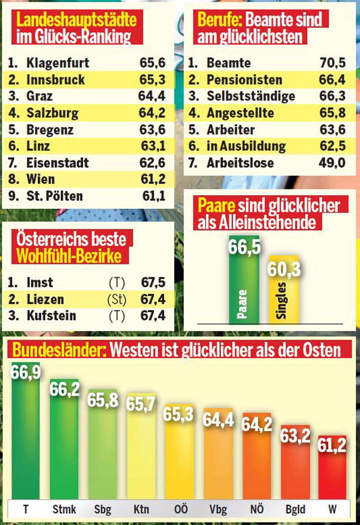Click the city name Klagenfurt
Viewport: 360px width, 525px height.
58,63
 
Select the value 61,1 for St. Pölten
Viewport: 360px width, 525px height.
154,196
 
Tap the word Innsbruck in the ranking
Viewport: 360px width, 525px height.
55,80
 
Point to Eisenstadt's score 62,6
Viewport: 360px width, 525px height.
152,163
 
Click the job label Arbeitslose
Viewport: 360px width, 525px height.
240,163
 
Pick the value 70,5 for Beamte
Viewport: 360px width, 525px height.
332,63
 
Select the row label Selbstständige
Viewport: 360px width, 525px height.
251,96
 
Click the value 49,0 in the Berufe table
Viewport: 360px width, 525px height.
332,163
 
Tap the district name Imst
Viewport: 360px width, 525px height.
40,283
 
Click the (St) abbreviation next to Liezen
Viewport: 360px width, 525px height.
117,299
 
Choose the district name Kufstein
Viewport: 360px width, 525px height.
51,316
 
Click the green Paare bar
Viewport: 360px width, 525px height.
244,293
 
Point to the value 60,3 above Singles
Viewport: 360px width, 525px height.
284,269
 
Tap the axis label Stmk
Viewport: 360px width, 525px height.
64,510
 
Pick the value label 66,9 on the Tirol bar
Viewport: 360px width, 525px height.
25,372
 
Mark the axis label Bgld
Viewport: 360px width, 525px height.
295,510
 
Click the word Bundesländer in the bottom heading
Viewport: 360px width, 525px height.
57,350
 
